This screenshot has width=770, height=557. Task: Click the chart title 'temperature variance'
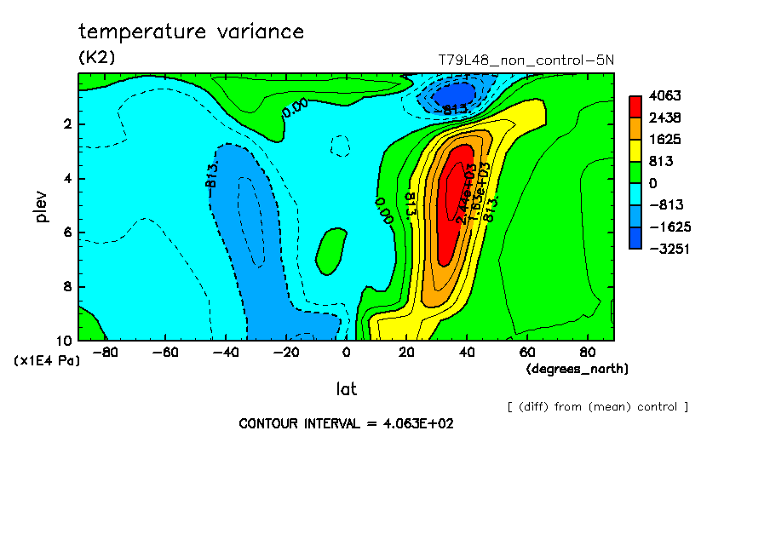tap(191, 32)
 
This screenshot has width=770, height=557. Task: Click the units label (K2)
tap(96, 58)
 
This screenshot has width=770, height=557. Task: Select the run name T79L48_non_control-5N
tap(526, 60)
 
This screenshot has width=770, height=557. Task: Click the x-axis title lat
tap(346, 389)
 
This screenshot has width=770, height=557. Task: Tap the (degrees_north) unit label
tap(577, 369)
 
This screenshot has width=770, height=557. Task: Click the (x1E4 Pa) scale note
tap(47, 361)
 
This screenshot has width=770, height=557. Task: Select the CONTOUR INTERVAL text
tap(346, 423)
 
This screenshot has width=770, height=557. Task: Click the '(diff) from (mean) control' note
tap(597, 406)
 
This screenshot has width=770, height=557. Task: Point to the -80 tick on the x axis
tap(103, 351)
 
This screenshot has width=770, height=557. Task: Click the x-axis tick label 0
tap(347, 351)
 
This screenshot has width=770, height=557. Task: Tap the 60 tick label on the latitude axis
tap(527, 351)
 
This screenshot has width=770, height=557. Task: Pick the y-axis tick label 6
tap(67, 233)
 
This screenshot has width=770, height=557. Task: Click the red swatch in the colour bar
tap(635, 106)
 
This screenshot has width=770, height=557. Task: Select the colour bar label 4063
tap(664, 95)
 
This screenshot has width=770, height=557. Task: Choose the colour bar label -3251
tap(667, 249)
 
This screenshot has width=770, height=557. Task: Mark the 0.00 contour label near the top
tap(294, 108)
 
